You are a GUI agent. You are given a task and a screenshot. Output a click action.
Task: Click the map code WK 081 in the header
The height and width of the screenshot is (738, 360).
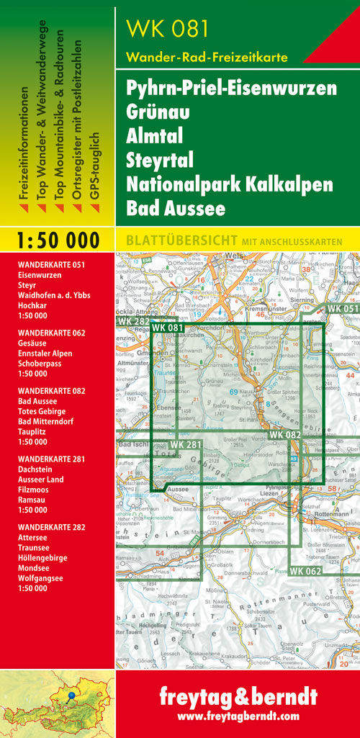(x=168, y=28)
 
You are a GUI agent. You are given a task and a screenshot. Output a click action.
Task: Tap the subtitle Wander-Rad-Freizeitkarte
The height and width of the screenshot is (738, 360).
(x=207, y=57)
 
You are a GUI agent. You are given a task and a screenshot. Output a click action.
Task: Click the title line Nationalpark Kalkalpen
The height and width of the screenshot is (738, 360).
(x=229, y=184)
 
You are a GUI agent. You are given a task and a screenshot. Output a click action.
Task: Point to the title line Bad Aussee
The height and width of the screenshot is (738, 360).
(x=176, y=208)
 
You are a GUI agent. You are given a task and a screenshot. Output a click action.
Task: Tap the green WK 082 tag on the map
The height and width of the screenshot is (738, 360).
(x=284, y=436)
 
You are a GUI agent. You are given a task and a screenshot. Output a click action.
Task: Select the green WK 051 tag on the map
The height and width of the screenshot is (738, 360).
(x=342, y=308)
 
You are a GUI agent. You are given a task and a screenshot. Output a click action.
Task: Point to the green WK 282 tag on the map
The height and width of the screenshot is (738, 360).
(x=132, y=321)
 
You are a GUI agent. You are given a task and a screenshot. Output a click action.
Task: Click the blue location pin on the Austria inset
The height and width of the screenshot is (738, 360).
(x=72, y=697)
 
